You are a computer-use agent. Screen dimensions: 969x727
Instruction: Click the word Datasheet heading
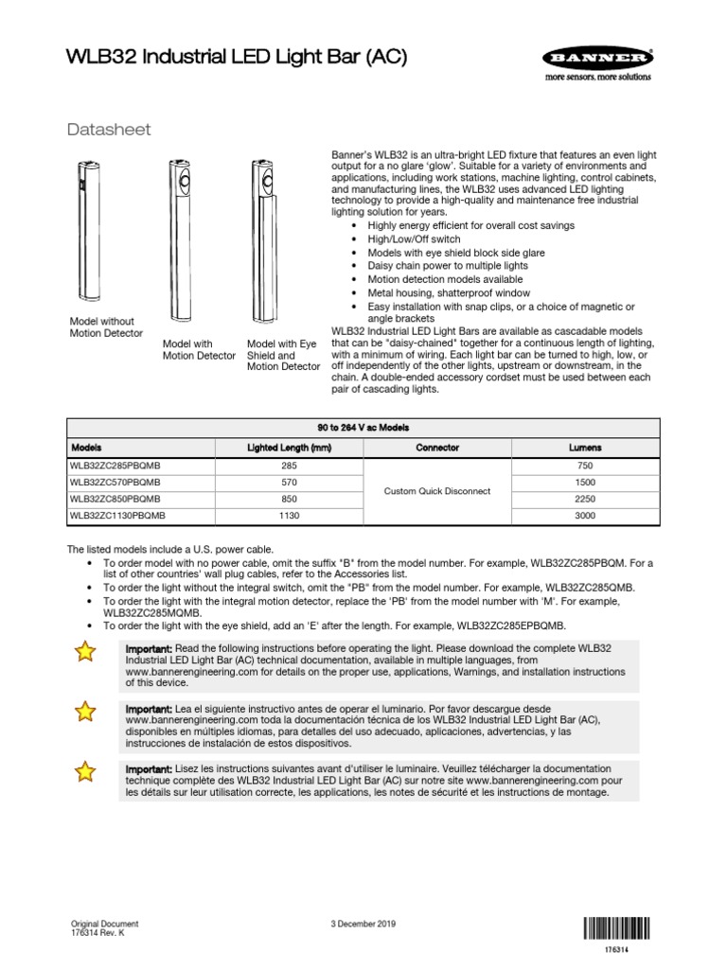(109, 130)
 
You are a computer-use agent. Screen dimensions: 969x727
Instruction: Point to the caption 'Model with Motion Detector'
(199, 350)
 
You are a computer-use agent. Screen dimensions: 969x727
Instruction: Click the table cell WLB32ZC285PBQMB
(115, 466)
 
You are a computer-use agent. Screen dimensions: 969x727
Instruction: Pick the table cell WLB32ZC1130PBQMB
(117, 516)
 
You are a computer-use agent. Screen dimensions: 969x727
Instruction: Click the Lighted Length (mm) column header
(289, 447)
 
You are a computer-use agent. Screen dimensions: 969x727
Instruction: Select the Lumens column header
(584, 447)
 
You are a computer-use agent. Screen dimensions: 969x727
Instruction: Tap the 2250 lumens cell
(584, 499)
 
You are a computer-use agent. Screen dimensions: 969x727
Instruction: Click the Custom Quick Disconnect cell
(436, 491)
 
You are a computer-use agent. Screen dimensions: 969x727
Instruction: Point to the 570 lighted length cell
(289, 483)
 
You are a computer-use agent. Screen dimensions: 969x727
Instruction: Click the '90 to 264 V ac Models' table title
(363, 428)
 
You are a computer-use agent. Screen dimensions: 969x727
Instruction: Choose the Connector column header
(436, 447)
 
